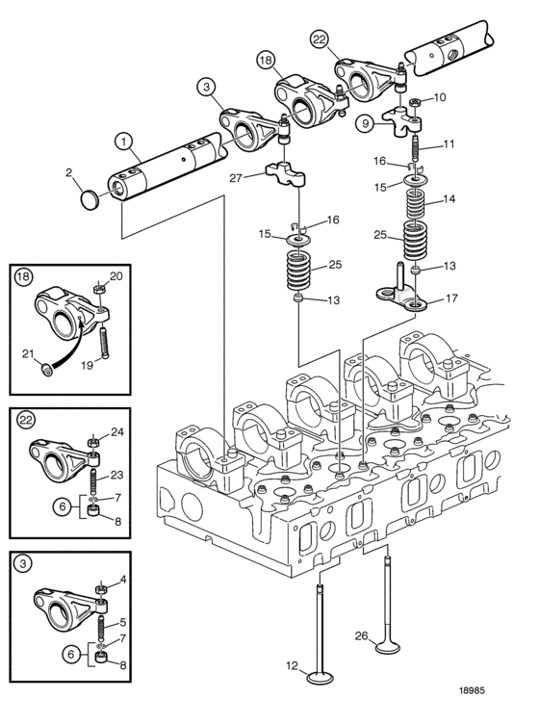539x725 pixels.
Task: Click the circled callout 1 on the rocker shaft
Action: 123,142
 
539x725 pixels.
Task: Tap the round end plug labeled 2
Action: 90,199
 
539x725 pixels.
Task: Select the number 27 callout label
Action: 236,178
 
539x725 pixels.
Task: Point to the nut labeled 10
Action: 415,102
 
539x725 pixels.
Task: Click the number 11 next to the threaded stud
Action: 449,143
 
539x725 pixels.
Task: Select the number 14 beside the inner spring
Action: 449,198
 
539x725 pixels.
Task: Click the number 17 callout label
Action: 451,298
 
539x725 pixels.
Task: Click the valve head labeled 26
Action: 387,647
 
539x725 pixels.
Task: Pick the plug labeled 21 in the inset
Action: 46,370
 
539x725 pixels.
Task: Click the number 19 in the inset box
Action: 87,365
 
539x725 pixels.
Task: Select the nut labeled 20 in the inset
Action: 99,290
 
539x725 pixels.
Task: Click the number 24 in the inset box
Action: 117,432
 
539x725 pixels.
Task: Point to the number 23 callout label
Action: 117,475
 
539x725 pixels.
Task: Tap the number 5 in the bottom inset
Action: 122,622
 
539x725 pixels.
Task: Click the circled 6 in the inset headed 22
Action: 63,507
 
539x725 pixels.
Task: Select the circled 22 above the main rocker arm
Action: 320,39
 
